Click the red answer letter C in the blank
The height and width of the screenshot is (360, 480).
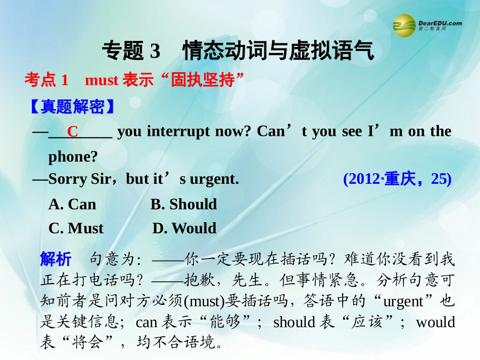pyautogui.click(x=73, y=132)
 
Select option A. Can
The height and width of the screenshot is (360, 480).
pyautogui.click(x=72, y=204)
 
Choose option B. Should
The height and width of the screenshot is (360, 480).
pyautogui.click(x=183, y=204)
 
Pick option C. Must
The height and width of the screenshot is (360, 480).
pyautogui.click(x=76, y=228)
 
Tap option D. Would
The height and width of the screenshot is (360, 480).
pyautogui.click(x=184, y=228)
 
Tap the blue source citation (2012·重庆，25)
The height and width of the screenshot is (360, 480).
pyautogui.click(x=397, y=179)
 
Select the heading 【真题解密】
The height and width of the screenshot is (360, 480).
pyautogui.click(x=70, y=107)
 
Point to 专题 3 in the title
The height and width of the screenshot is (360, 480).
pyautogui.click(x=131, y=51)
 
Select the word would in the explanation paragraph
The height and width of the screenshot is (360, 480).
pyautogui.click(x=435, y=322)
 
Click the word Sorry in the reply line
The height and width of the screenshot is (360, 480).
pyautogui.click(x=69, y=179)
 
